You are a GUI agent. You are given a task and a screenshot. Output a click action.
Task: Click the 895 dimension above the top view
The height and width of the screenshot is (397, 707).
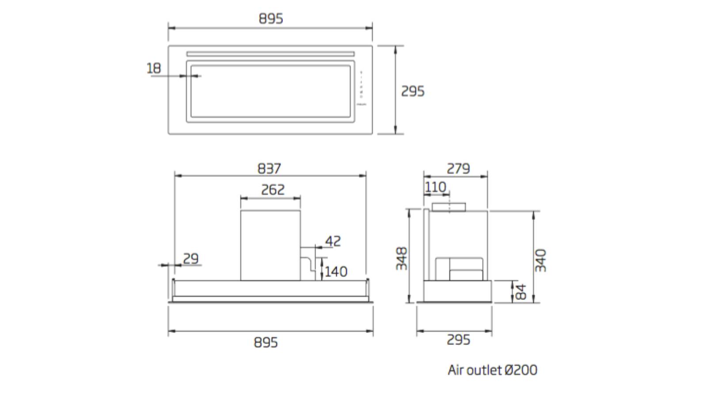(x=270, y=19)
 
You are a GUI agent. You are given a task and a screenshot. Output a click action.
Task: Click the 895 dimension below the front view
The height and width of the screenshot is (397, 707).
(x=266, y=342)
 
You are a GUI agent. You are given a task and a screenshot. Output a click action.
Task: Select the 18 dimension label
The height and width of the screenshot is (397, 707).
(x=154, y=68)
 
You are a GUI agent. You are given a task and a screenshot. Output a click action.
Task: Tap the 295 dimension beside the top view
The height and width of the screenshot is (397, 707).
(x=412, y=91)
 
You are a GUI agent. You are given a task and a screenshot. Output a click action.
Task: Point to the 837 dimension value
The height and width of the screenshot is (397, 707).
(x=269, y=169)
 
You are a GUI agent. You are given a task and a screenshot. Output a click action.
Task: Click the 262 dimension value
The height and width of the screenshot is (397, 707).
(x=273, y=190)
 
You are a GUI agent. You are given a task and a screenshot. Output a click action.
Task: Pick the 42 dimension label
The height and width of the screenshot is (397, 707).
(x=333, y=241)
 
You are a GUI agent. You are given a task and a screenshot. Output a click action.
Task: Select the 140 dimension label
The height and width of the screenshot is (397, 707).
(x=336, y=272)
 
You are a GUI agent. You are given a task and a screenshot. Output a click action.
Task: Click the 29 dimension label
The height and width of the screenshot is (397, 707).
(x=190, y=258)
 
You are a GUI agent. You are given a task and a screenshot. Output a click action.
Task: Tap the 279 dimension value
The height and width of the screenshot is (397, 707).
(x=458, y=169)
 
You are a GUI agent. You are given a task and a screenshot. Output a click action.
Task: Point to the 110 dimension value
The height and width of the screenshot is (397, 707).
(x=435, y=187)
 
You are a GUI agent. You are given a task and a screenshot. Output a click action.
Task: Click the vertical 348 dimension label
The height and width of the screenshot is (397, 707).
(x=402, y=258)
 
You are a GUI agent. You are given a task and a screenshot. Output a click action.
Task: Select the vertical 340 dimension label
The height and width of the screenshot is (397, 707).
(x=541, y=260)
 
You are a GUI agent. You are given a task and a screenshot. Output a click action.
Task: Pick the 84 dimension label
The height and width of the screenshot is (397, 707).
(x=521, y=292)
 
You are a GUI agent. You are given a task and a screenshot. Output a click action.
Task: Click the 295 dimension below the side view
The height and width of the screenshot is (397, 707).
(x=458, y=340)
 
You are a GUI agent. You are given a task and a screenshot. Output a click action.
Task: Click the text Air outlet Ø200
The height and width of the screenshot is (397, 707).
(x=492, y=370)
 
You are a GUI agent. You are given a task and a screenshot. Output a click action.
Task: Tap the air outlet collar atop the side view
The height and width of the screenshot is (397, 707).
(x=449, y=207)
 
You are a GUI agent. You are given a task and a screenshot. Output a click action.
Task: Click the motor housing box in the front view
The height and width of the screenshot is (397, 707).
(x=270, y=245)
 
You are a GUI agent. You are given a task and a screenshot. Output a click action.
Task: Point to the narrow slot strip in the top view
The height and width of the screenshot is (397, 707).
(x=270, y=54)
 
